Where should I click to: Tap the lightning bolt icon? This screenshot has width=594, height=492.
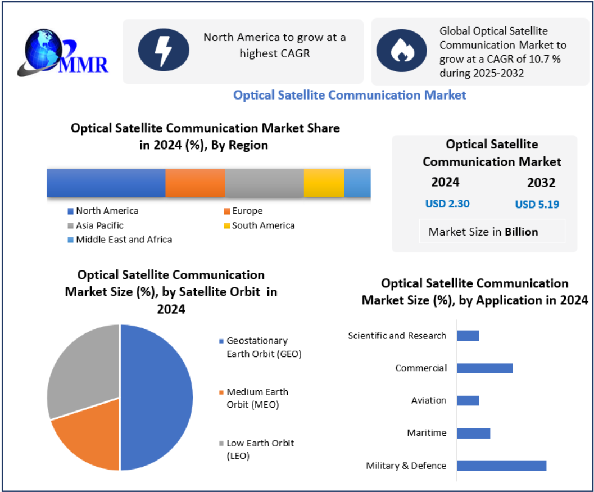(164, 50)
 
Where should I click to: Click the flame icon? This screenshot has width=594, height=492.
(401, 51)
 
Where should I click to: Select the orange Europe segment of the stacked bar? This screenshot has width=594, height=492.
(195, 183)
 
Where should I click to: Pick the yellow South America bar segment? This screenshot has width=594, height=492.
(324, 183)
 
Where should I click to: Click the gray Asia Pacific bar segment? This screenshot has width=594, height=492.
(264, 183)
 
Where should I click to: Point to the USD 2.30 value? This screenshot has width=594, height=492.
(447, 204)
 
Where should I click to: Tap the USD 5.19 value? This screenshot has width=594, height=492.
(537, 205)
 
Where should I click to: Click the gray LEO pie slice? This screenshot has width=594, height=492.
(79, 371)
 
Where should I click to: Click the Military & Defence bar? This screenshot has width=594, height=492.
(501, 466)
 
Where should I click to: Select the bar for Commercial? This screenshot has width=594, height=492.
(484, 368)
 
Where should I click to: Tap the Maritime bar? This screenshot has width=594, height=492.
(473, 433)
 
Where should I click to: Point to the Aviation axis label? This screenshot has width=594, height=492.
(429, 401)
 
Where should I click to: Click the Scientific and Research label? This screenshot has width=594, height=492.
(397, 336)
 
